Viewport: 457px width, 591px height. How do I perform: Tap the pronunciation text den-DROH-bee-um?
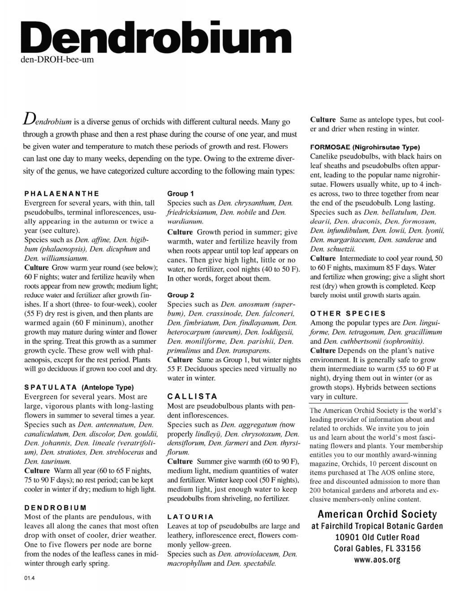[x=57, y=59]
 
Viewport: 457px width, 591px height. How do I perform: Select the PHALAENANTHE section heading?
[x=61, y=193]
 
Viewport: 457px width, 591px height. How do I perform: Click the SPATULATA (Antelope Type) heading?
[x=79, y=387]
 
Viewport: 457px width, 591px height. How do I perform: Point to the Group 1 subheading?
[x=181, y=193]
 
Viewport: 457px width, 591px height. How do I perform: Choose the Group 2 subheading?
[x=181, y=295]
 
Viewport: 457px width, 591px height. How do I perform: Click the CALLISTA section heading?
[x=192, y=396]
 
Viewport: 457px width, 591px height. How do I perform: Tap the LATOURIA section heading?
[x=190, y=517]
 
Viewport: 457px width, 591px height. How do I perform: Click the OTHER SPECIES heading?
[x=348, y=313]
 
